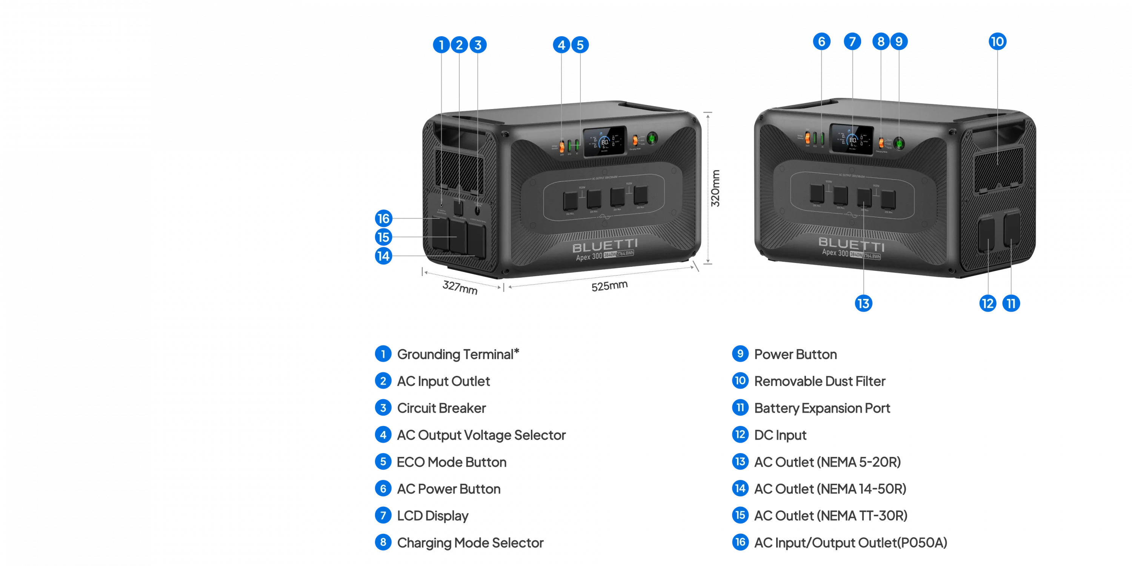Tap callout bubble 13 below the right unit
pos(863,304)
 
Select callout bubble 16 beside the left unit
pos(384,218)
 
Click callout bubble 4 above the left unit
pos(561,45)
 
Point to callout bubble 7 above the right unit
pos(852,42)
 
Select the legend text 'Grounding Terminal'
pos(457,354)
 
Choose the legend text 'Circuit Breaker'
pos(441,408)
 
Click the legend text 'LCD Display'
pos(432,516)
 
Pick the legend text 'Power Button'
pos(795,354)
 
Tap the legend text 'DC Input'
pos(780,435)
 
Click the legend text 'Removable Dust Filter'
pos(820,381)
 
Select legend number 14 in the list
pos(740,489)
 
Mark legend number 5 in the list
pos(383,462)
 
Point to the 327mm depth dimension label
pos(460,289)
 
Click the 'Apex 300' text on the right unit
pos(835,253)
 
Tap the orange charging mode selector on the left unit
pos(635,141)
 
